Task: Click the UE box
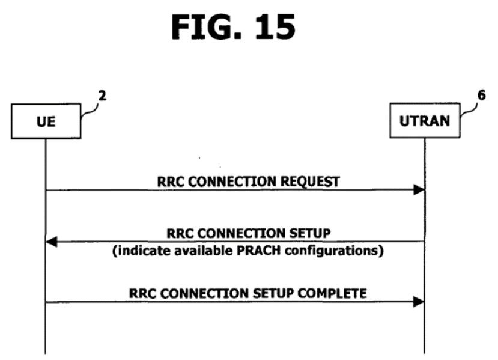pos(46,121)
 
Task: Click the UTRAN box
pos(424,121)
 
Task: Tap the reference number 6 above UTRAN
pos(481,95)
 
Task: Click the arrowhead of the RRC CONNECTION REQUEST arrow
pos(418,190)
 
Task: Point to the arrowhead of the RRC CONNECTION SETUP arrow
pos(52,242)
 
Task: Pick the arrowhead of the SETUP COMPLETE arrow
pos(418,302)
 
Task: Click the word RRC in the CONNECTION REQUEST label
pos(169,180)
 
